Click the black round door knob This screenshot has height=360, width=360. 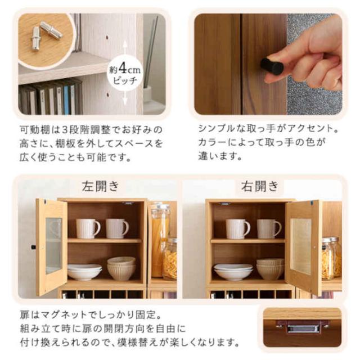click(x=271, y=66)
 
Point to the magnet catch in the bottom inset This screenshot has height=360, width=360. click(x=303, y=326)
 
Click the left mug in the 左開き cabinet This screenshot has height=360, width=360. click(x=88, y=228)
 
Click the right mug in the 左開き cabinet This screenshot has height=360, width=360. click(x=116, y=228)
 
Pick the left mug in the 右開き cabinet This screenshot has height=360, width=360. click(x=237, y=228)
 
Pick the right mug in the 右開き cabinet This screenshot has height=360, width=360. click(x=268, y=228)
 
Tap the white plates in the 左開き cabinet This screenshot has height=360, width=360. click(x=84, y=272)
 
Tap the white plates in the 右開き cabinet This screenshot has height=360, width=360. click(x=232, y=273)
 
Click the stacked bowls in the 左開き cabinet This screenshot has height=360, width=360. click(x=121, y=268)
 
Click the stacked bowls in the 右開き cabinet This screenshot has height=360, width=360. click(x=270, y=269)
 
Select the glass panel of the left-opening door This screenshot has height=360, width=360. click(x=53, y=245)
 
